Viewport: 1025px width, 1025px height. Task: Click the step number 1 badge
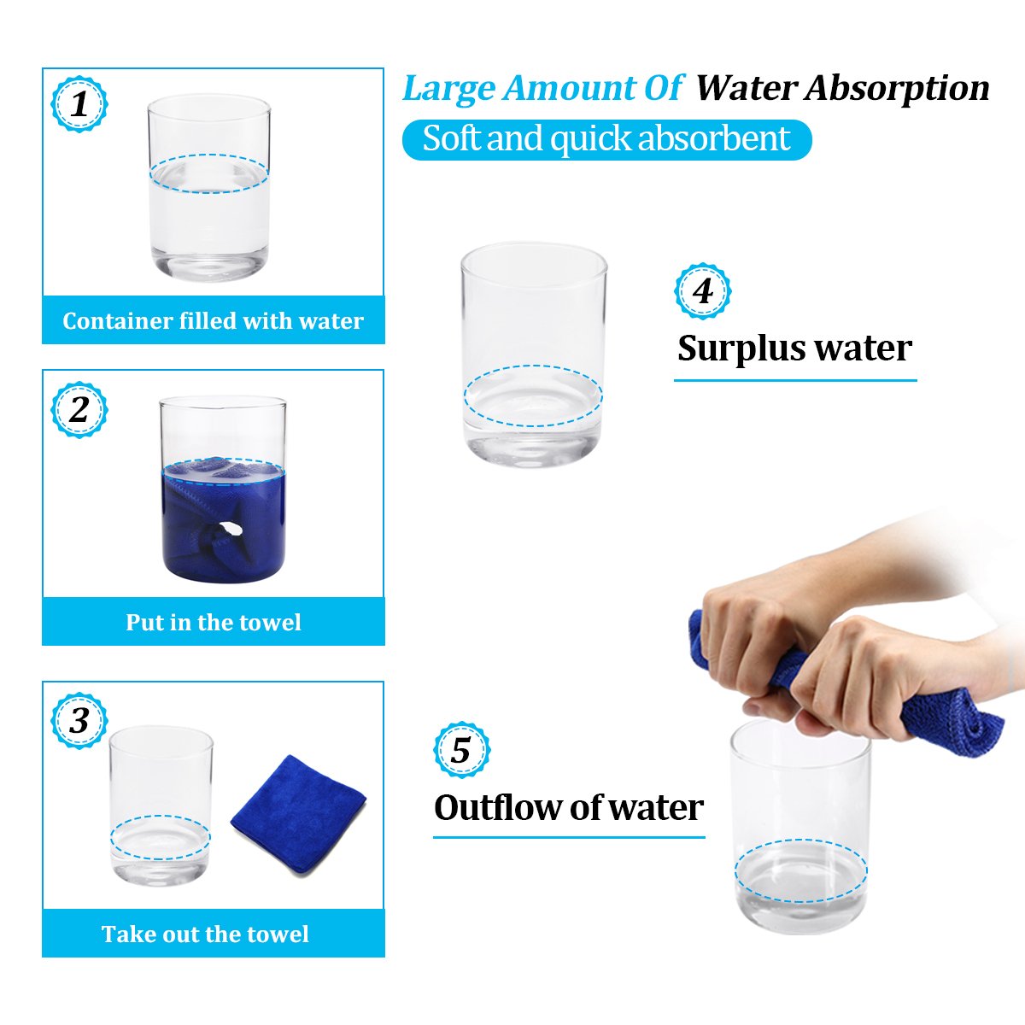(x=79, y=104)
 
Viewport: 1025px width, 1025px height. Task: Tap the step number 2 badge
(x=79, y=410)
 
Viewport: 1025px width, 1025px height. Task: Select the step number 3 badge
(x=79, y=721)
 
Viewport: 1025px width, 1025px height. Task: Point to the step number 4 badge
(x=703, y=291)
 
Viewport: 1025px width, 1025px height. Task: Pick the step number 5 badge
(x=462, y=750)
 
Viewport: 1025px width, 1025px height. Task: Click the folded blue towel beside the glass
(x=298, y=814)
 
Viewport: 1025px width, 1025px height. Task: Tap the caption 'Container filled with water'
(x=213, y=321)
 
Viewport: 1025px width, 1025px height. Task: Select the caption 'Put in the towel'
(x=213, y=622)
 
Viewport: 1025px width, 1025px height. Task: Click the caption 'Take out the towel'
(x=205, y=934)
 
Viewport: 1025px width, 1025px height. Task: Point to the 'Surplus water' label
(x=794, y=349)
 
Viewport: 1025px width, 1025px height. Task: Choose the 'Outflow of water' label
(x=569, y=808)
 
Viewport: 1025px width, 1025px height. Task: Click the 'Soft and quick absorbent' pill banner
(x=607, y=139)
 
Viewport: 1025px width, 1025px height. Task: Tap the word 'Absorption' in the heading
(x=897, y=88)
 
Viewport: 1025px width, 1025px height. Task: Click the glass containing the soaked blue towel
(x=223, y=489)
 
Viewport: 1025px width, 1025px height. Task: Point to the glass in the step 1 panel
(x=209, y=188)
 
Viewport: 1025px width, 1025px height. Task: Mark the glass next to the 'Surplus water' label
(x=534, y=354)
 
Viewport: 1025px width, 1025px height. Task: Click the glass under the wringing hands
(x=800, y=829)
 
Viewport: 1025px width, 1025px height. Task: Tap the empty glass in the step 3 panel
(x=161, y=805)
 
